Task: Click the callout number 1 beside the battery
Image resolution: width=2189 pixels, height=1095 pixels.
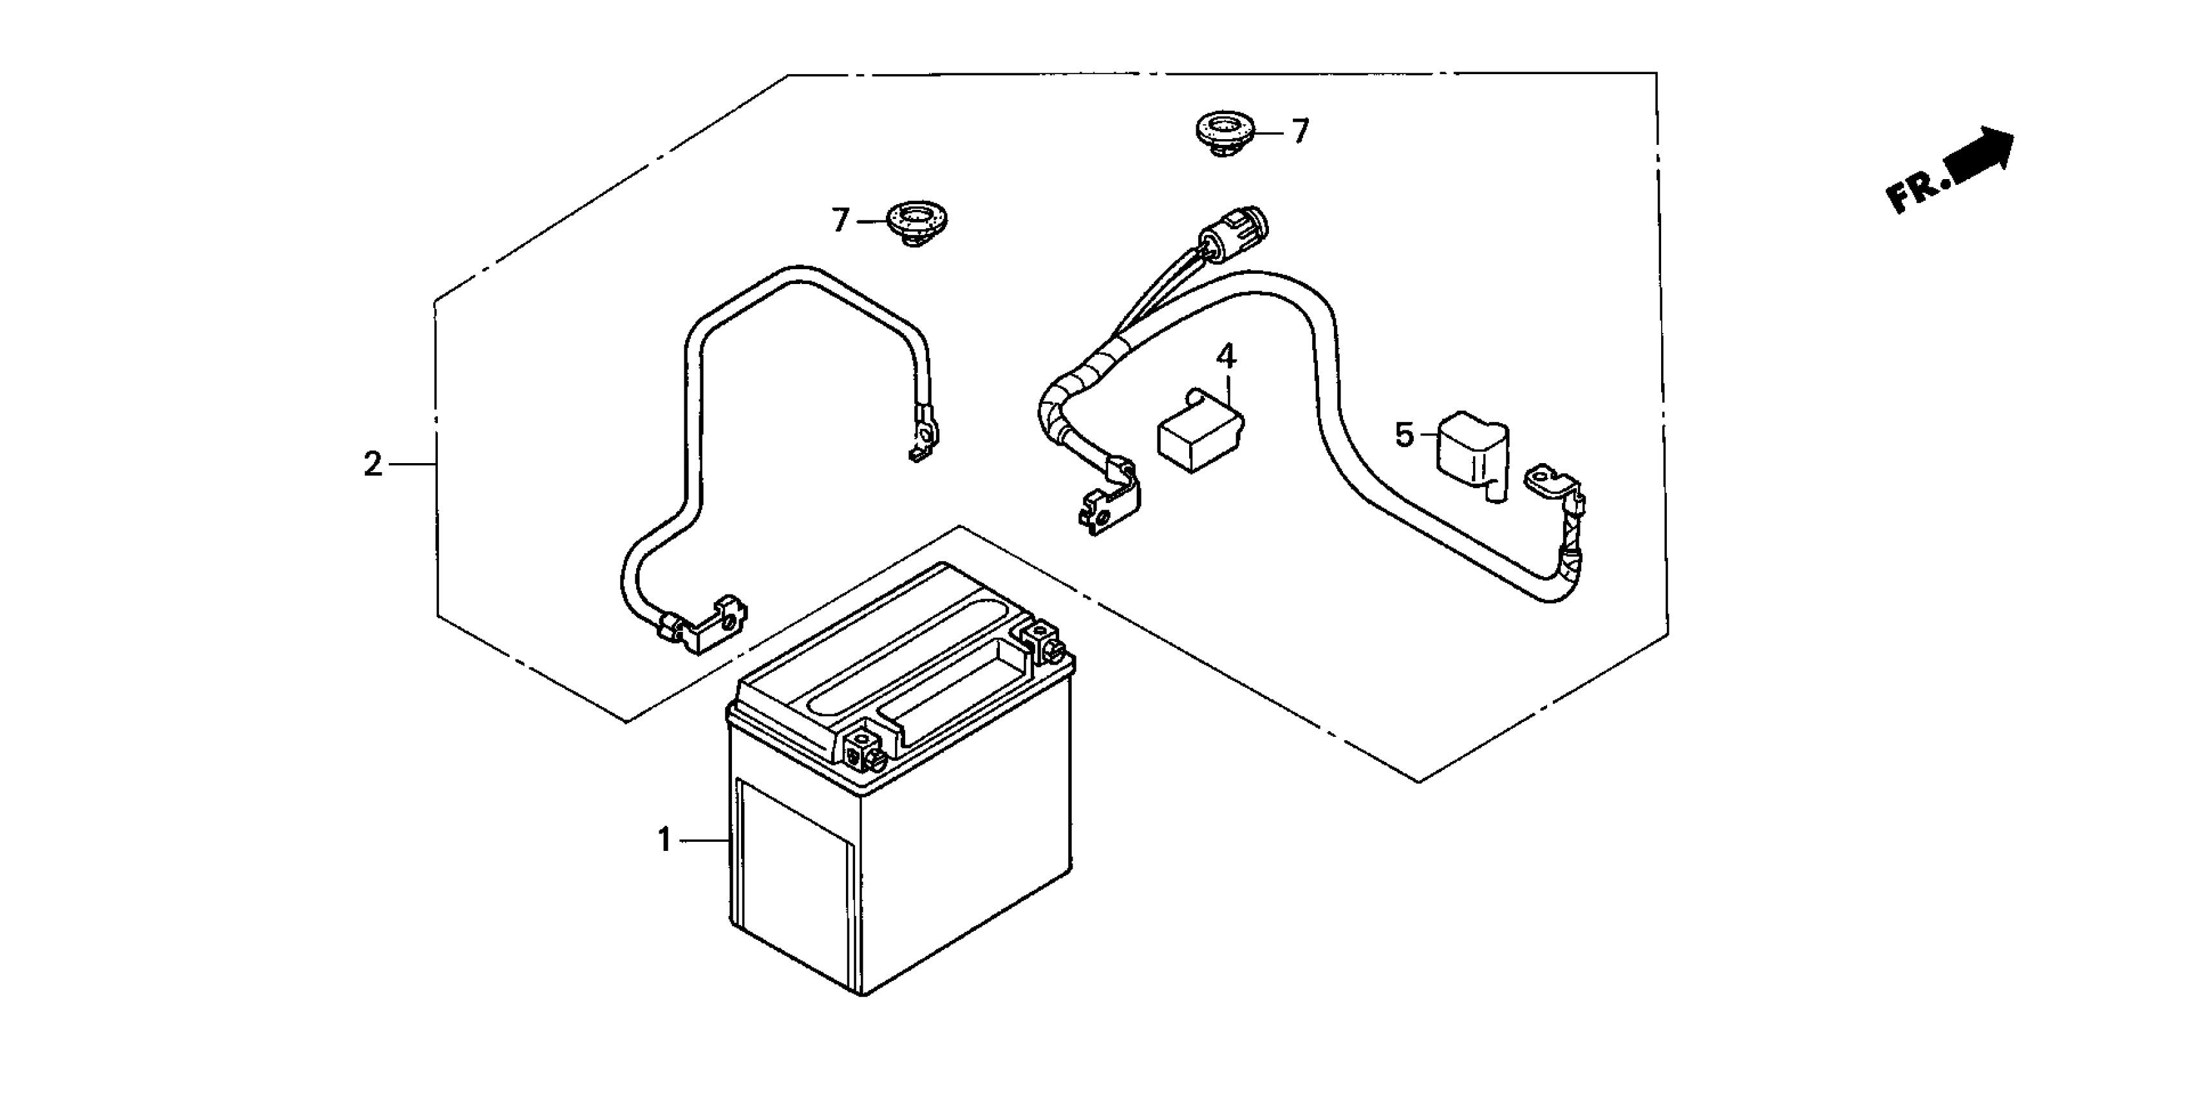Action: tap(664, 841)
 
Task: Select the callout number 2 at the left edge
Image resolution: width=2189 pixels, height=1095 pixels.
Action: tap(373, 464)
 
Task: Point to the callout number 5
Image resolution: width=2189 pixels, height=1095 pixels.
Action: tap(1404, 435)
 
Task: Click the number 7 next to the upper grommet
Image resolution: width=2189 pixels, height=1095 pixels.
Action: tap(1300, 132)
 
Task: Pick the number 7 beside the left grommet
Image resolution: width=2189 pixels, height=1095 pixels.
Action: tap(840, 221)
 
